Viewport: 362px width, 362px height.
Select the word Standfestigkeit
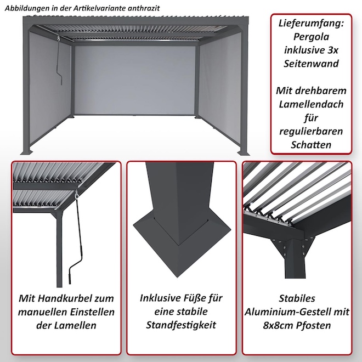tap(181, 325)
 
